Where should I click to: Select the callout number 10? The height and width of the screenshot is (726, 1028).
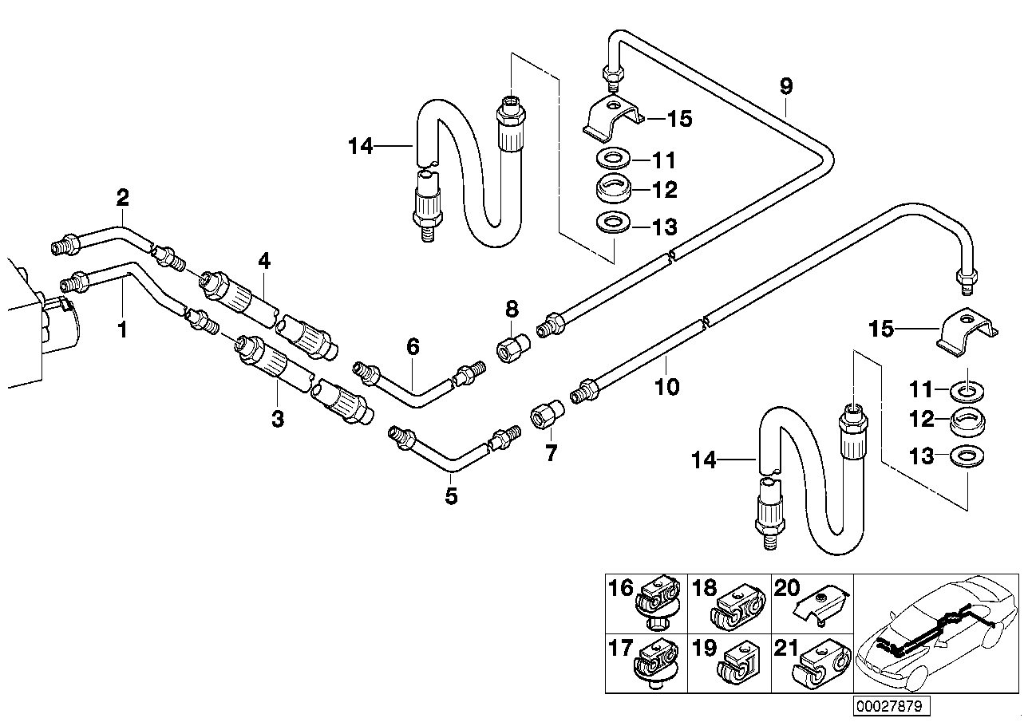[x=666, y=388]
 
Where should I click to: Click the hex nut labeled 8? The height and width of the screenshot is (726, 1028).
[x=511, y=349]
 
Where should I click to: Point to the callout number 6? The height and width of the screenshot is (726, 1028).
[x=412, y=346]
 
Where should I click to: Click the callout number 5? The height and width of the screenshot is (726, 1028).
[x=451, y=496]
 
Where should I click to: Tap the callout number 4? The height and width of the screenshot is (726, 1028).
[x=264, y=261]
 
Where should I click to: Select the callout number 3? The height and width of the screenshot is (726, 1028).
[x=277, y=419]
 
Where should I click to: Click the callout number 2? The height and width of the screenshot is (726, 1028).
[x=122, y=195]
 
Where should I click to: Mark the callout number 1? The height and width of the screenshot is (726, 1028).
[x=122, y=329]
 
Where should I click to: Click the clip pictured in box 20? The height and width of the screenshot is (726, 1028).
[x=815, y=608]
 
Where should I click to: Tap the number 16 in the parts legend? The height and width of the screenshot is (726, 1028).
[x=620, y=589]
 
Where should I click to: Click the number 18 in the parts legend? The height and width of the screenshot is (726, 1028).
[x=705, y=589]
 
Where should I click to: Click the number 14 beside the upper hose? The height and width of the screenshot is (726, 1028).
[x=361, y=147]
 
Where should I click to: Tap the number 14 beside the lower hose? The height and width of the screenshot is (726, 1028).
[x=706, y=460]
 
